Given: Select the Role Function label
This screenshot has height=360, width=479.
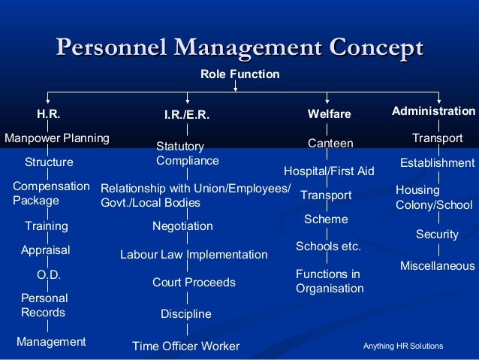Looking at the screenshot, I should pos(239,74).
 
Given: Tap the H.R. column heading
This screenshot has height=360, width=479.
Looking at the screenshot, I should pos(49,114).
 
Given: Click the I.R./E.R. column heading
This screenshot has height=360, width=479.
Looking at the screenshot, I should pos(186,116).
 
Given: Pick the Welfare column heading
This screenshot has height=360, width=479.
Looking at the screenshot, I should pos(330,114).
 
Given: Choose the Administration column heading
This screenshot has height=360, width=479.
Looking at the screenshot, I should pos(433,111).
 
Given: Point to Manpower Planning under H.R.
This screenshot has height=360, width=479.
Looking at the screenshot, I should pos(57,138).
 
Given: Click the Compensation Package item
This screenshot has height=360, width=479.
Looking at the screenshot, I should pos(51,193).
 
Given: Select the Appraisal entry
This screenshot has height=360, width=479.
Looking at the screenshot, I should pos(45,250).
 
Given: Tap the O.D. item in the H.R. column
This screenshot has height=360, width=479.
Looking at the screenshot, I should pos(49,275).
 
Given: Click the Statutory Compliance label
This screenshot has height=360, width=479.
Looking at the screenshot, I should pos(187,153).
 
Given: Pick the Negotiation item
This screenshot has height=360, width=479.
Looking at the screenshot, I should pos(182,226).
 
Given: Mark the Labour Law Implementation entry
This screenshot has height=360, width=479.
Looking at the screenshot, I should pos(194,255).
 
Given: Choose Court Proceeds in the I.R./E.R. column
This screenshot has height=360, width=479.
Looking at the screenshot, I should pos(194,283).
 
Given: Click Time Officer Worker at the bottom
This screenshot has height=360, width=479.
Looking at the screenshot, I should pos(185,346).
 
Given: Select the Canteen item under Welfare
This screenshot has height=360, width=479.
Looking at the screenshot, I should pos(330,143).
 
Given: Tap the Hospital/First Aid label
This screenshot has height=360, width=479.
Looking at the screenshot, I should pos(329,171).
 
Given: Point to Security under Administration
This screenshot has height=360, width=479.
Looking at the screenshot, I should pos(437,235).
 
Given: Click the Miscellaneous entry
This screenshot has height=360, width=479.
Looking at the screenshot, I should pos(437,266).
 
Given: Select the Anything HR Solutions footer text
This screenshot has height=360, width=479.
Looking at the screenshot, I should pos(403,346).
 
